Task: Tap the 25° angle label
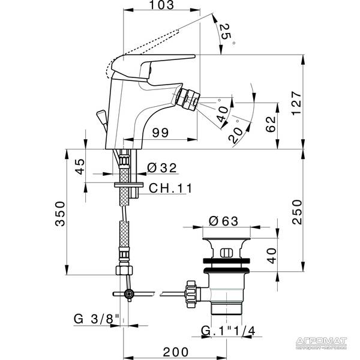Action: point(226,34)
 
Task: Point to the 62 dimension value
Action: point(271,125)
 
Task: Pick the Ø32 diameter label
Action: point(161,167)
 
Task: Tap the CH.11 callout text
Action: point(170,188)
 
